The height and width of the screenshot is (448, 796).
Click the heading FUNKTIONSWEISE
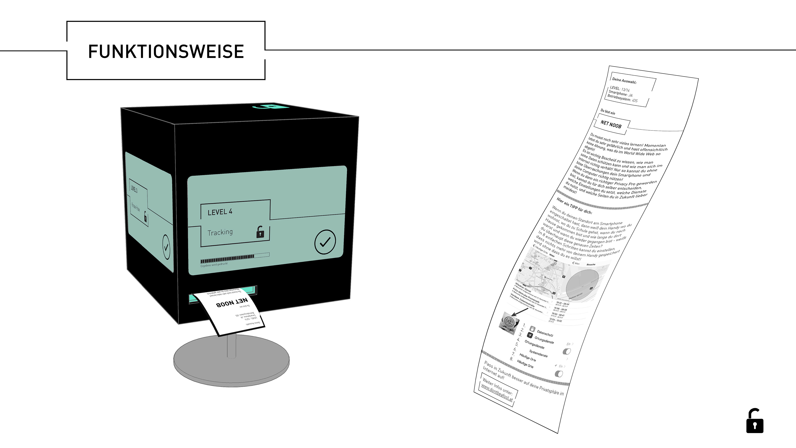(166, 51)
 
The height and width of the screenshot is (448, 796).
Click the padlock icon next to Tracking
(260, 232)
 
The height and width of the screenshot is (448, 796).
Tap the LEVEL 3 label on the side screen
(134, 189)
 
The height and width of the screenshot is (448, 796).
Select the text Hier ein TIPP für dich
(574, 206)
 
